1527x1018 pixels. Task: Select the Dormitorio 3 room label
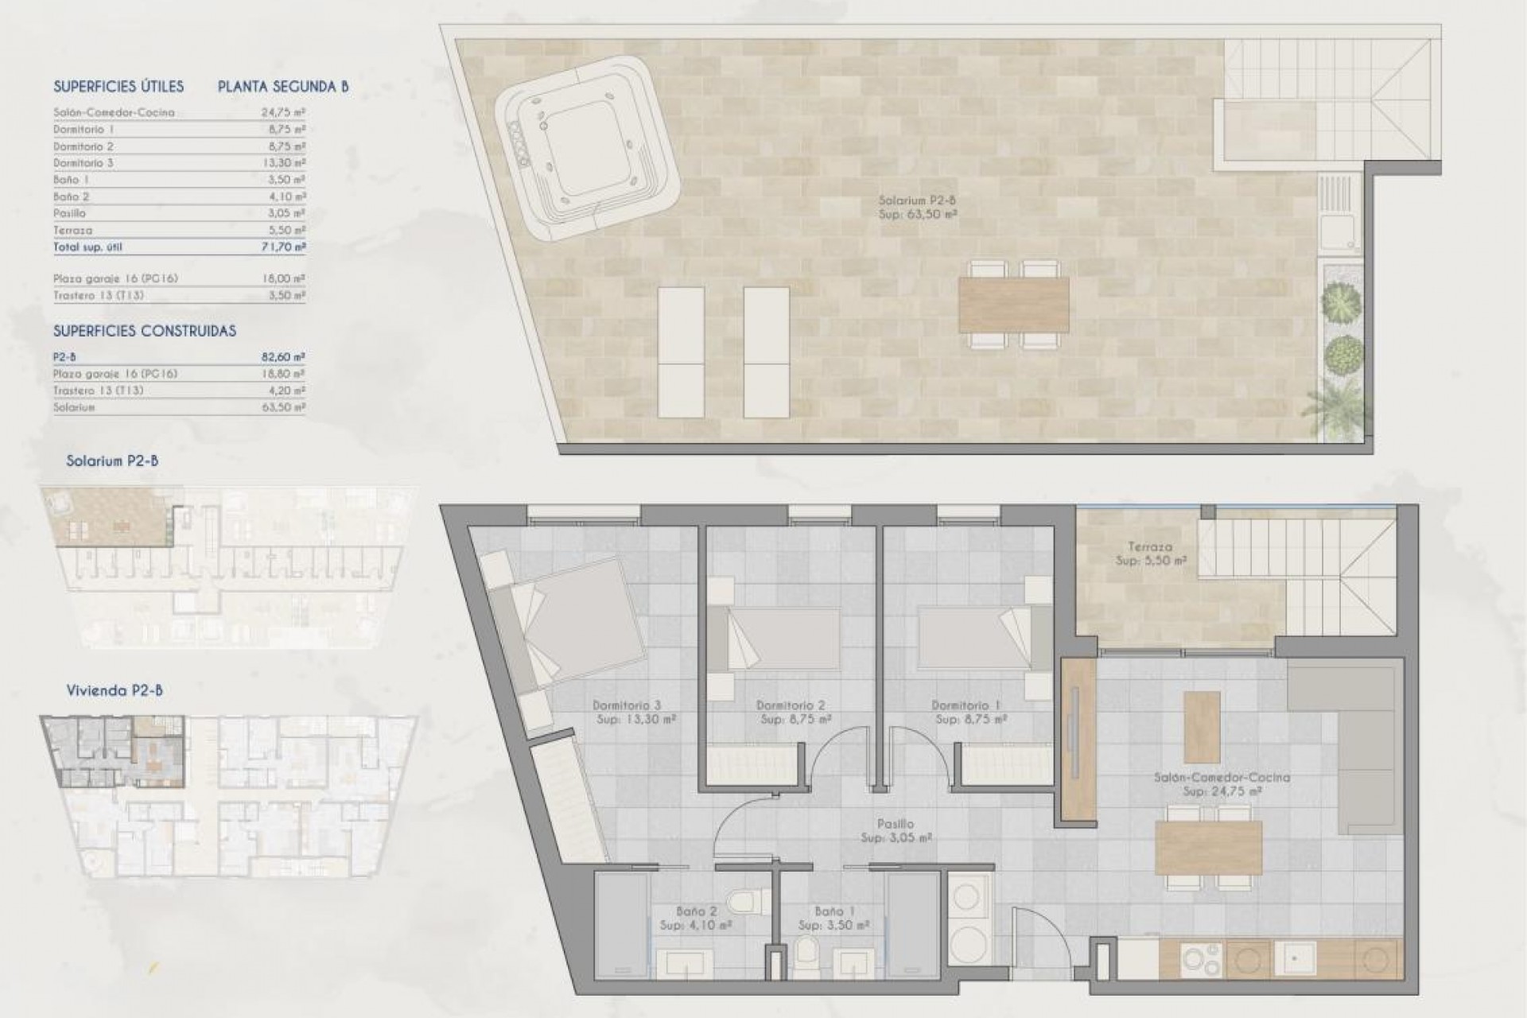[627, 705]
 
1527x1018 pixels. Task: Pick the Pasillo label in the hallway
[896, 825]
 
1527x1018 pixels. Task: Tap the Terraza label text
[1149, 547]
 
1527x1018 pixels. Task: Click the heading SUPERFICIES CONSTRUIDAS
[145, 331]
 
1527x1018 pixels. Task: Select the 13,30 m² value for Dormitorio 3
[283, 163]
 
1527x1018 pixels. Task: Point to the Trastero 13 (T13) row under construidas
[99, 390]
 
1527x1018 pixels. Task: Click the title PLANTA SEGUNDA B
[283, 87]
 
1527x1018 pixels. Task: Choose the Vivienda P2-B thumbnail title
[115, 691]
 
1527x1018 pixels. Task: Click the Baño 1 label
[834, 912]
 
